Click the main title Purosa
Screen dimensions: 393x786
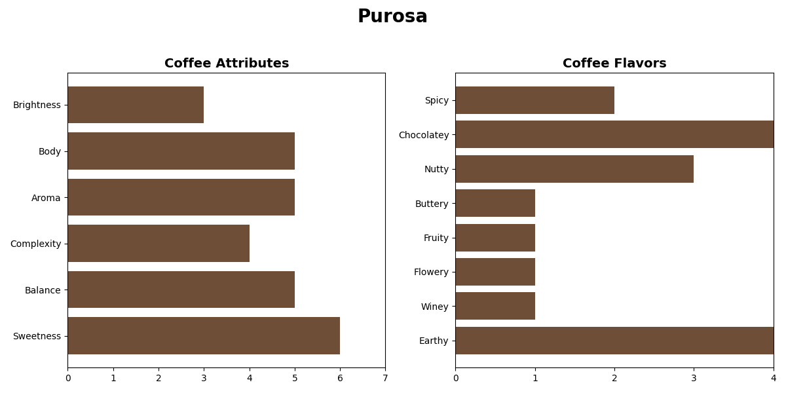click(392, 17)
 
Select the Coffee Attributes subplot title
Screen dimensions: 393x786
click(227, 64)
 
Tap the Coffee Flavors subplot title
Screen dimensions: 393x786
click(614, 64)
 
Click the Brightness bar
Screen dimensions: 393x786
click(136, 105)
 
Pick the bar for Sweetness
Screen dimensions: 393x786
click(204, 336)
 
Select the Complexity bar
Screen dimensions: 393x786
click(159, 244)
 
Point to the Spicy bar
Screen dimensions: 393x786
click(534, 100)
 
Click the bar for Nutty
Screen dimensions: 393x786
click(574, 169)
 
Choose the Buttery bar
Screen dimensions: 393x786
click(495, 203)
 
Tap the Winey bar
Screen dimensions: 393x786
click(495, 306)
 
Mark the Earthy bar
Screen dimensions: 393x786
click(614, 341)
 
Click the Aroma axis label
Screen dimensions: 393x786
click(46, 198)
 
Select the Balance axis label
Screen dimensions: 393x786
click(43, 290)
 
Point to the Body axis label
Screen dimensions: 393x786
click(50, 151)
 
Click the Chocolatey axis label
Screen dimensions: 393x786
click(424, 135)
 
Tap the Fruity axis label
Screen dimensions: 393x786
click(436, 238)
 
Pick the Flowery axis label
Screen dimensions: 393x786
click(432, 272)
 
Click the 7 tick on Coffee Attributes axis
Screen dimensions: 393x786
click(385, 378)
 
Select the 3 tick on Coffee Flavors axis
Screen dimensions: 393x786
click(694, 378)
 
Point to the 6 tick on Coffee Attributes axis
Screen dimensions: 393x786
click(340, 378)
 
